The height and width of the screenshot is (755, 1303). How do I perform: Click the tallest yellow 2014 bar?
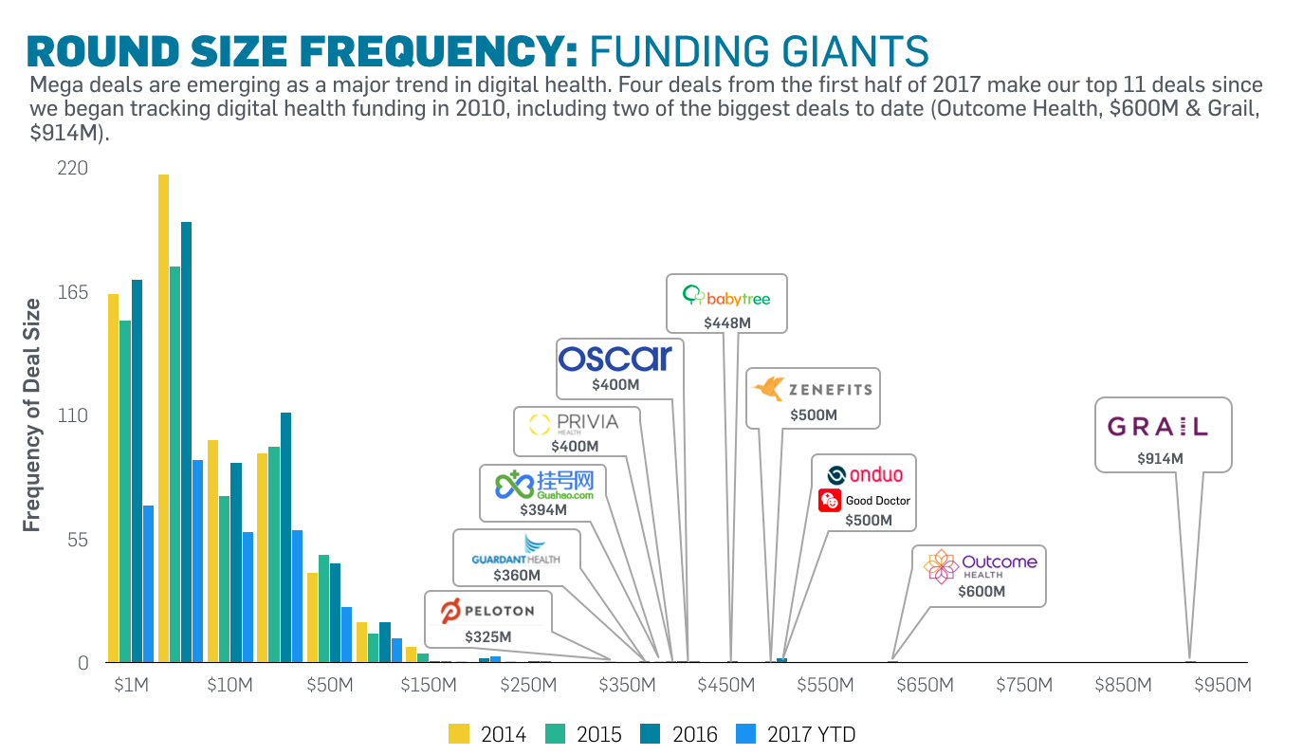coord(163,417)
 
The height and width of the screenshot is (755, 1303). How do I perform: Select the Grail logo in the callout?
coord(1158,427)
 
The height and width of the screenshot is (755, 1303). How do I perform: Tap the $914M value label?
coord(1161,458)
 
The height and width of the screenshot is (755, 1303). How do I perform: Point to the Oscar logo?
coord(615,358)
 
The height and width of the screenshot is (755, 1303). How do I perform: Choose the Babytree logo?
coord(726,298)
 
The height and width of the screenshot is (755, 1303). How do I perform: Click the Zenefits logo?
coord(812,389)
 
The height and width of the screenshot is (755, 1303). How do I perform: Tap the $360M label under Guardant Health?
coord(517,575)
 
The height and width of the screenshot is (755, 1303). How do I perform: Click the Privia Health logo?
coord(574,423)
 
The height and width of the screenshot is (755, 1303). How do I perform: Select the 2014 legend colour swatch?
coord(458,733)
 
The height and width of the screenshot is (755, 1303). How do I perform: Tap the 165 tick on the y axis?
coord(73,292)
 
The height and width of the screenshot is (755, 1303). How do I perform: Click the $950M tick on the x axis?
coord(1223,685)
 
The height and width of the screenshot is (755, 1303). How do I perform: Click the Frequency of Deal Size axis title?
coord(32,414)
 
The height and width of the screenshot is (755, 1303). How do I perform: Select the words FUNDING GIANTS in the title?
coord(759,48)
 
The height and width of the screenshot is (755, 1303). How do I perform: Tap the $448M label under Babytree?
coord(727,322)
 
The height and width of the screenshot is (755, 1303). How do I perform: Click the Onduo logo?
coord(864,475)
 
